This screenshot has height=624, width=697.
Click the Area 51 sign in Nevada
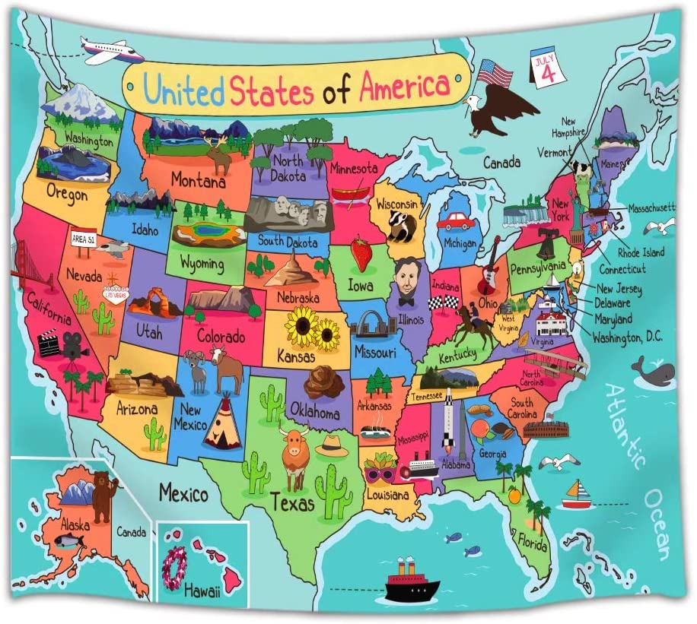83,238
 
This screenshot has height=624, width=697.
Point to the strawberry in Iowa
361,253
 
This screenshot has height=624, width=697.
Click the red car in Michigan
456,221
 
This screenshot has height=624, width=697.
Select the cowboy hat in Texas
332,445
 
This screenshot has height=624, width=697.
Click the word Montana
197,182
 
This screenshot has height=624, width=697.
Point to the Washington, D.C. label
627,336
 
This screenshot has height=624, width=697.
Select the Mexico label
183,495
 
